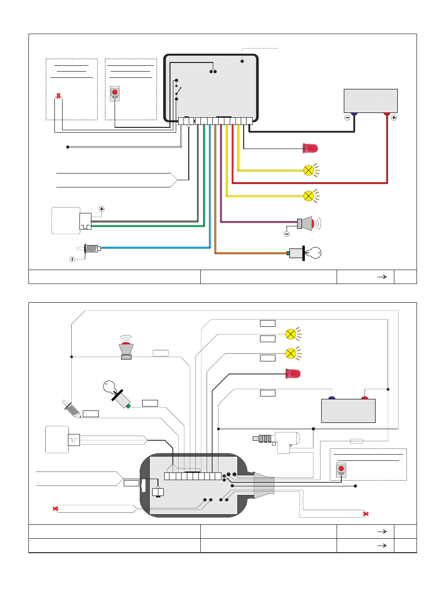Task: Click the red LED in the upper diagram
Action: pos(310,148)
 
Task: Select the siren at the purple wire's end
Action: pos(306,223)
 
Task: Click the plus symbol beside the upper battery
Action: pos(394,118)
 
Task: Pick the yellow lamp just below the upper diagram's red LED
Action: pos(308,170)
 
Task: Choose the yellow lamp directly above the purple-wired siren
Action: pos(308,196)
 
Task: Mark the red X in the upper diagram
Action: pos(58,96)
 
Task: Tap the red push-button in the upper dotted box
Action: pos(115,92)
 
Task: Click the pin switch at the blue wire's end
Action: pos(91,248)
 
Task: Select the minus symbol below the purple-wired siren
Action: pos(287,234)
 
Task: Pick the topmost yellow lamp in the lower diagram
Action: pos(290,334)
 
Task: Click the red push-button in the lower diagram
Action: pos(341,469)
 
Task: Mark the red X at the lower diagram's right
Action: pos(366,514)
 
